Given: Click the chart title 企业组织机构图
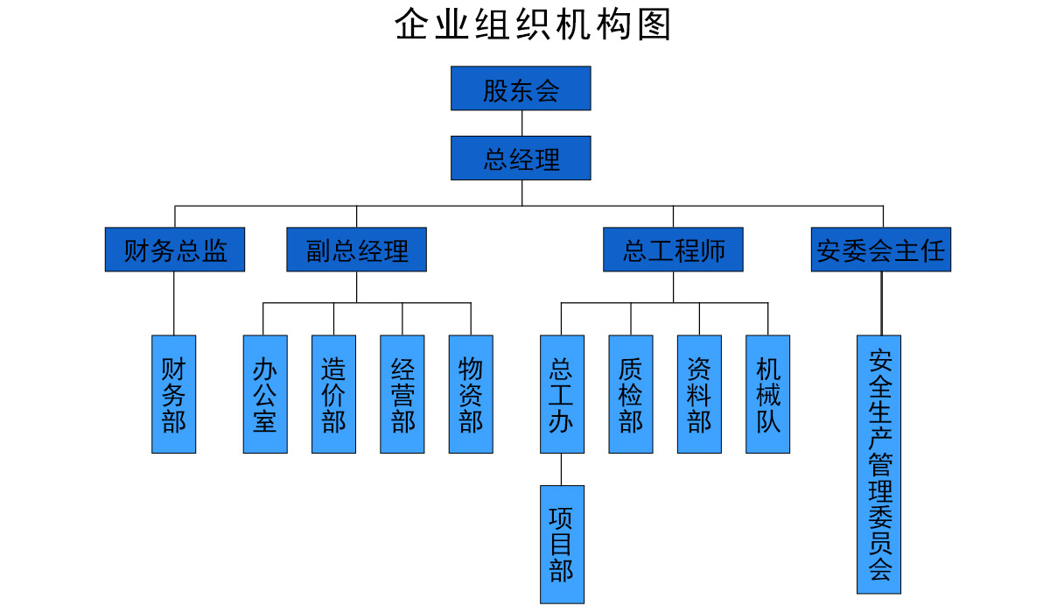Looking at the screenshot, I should [533, 25].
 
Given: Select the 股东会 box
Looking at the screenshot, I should [521, 88].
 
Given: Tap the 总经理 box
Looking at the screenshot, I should [521, 159].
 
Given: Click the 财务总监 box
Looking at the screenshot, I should [174, 250].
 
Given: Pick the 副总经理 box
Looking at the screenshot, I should [356, 250].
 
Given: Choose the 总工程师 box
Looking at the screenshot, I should [673, 250].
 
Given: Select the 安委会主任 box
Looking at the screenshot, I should [880, 250].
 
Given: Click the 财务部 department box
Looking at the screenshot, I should [173, 394].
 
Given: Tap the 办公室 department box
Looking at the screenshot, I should [265, 394].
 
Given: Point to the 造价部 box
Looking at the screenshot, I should [333, 394].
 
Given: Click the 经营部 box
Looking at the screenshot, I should [402, 394].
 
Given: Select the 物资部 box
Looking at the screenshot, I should [471, 394].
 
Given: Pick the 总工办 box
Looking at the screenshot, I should [562, 394].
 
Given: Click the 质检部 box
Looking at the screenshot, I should [630, 394].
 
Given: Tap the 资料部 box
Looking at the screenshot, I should [699, 394].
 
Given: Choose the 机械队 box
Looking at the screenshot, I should [767, 394].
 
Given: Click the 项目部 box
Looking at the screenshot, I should [562, 544].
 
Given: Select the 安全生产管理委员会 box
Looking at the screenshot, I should [878, 464].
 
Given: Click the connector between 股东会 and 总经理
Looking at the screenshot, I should [521, 123].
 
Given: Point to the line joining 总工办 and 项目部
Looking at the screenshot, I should [562, 469].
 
